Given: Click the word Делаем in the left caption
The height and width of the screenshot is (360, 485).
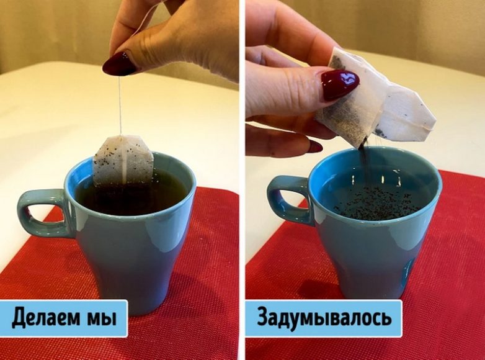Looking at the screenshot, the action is coord(44,318).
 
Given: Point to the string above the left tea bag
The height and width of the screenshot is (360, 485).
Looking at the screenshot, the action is coord(120,105).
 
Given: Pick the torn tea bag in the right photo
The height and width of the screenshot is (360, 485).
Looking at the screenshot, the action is coord(374,102).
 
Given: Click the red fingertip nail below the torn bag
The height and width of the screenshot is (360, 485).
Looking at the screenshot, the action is coord(316,146).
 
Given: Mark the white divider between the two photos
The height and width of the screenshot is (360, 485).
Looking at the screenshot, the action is coord(242,180).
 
